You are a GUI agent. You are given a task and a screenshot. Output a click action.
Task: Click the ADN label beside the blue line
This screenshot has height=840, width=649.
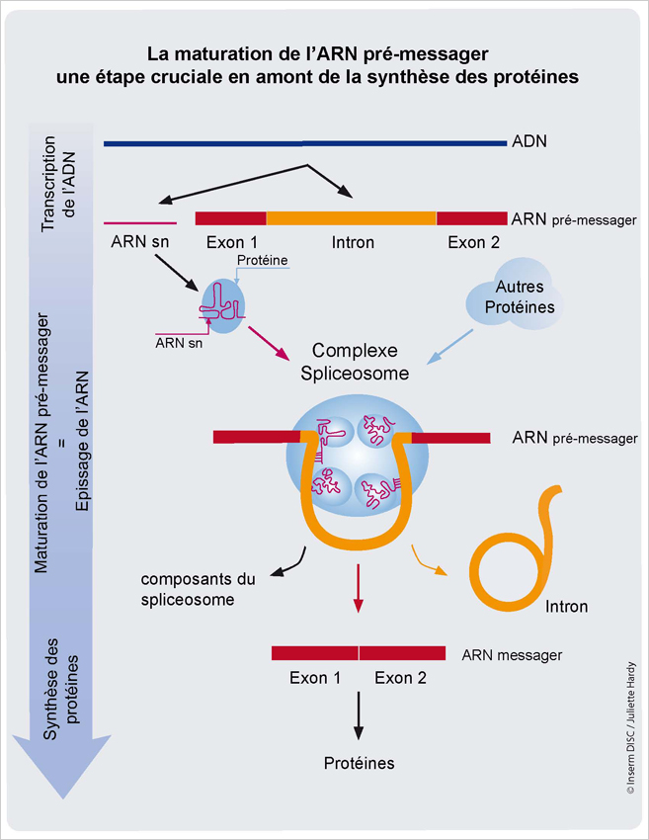point(529,141)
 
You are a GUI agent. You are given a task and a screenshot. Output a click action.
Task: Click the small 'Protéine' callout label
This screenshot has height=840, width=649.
point(263,259)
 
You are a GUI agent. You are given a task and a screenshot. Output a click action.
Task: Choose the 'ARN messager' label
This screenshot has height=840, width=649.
point(512,654)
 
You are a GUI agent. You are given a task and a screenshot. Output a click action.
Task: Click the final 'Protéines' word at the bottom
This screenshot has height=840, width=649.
point(359,763)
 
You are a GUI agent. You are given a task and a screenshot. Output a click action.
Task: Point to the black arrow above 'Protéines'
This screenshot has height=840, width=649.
point(359,715)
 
